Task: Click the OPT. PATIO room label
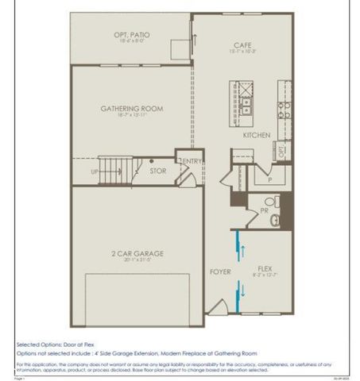(x=131, y=36)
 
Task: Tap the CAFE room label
(x=242, y=45)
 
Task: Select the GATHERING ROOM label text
(x=131, y=109)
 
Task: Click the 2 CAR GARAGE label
(x=137, y=253)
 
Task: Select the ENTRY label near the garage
(x=192, y=162)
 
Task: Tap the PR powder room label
(x=264, y=211)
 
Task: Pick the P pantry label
(x=270, y=180)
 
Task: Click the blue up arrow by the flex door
(x=240, y=248)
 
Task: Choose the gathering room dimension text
(x=131, y=116)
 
